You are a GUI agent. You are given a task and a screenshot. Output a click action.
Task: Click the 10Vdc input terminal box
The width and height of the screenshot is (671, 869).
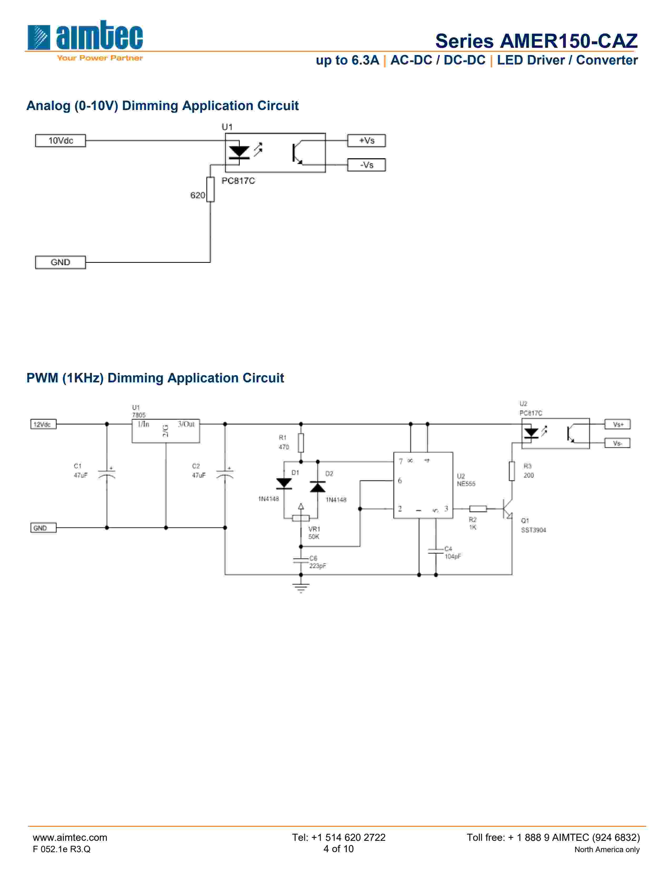[x=61, y=140]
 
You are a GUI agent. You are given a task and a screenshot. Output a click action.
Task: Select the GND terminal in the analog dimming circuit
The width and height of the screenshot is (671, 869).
[x=61, y=262]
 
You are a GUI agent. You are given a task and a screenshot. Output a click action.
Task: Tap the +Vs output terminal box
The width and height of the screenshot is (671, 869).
[x=366, y=140]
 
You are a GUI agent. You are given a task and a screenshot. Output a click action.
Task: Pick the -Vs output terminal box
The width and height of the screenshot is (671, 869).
[x=366, y=165]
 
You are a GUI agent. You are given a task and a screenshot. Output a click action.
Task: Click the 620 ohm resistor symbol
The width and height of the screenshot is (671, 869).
[x=210, y=189]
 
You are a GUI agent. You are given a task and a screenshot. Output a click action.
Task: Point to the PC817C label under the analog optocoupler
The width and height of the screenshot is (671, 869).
[x=238, y=181]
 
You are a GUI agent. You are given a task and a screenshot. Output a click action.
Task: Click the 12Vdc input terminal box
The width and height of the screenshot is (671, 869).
[x=43, y=424]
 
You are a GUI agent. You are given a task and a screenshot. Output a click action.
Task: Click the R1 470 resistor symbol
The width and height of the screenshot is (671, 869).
[x=301, y=442]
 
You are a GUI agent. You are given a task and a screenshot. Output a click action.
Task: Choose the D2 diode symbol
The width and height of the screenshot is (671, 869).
[x=318, y=486]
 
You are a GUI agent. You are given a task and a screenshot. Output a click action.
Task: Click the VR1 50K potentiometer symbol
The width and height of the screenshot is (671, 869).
[x=301, y=518]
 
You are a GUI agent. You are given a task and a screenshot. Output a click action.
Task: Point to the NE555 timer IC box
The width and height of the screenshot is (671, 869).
[x=423, y=485]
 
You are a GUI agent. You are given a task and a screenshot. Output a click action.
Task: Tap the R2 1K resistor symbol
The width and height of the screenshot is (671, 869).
[x=478, y=508]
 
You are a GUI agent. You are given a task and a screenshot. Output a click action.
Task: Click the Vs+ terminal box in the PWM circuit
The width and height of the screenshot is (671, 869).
[x=617, y=424]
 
